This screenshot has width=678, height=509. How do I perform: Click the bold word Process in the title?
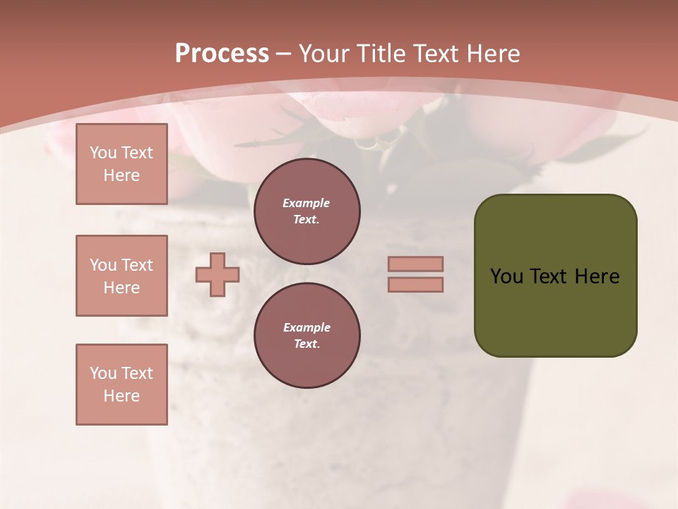coord(222,54)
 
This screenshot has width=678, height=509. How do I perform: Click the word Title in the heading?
coord(382,54)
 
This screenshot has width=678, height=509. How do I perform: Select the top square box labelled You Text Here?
coord(121,164)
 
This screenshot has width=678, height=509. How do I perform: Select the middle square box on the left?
coord(121,276)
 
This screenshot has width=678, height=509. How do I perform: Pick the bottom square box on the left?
coord(121,385)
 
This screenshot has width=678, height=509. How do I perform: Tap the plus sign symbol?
coord(218,274)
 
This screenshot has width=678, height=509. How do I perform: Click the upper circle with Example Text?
coord(307,211)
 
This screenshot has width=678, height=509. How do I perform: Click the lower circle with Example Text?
coord(307,336)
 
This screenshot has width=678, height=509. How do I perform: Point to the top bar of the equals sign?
coord(415,264)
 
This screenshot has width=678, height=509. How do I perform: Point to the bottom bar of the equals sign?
coord(415,284)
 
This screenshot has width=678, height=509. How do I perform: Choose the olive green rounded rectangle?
coord(555,276)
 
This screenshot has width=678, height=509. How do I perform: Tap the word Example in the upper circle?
coord(307,203)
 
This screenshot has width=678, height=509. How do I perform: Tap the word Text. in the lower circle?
coord(307,344)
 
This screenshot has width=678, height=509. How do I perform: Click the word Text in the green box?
coord(549,276)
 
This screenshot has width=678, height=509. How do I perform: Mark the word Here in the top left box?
coord(121,175)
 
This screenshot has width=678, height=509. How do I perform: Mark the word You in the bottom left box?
coord(103,373)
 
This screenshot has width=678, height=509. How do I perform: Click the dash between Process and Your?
coord(284,54)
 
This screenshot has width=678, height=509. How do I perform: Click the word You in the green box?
coord(506,276)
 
